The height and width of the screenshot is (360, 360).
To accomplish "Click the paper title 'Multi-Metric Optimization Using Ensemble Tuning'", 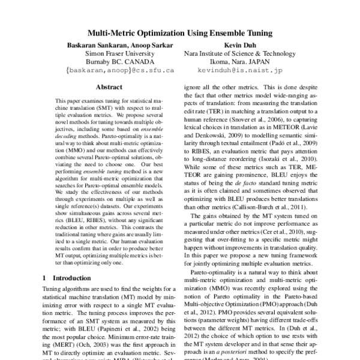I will (x=179, y=34).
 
